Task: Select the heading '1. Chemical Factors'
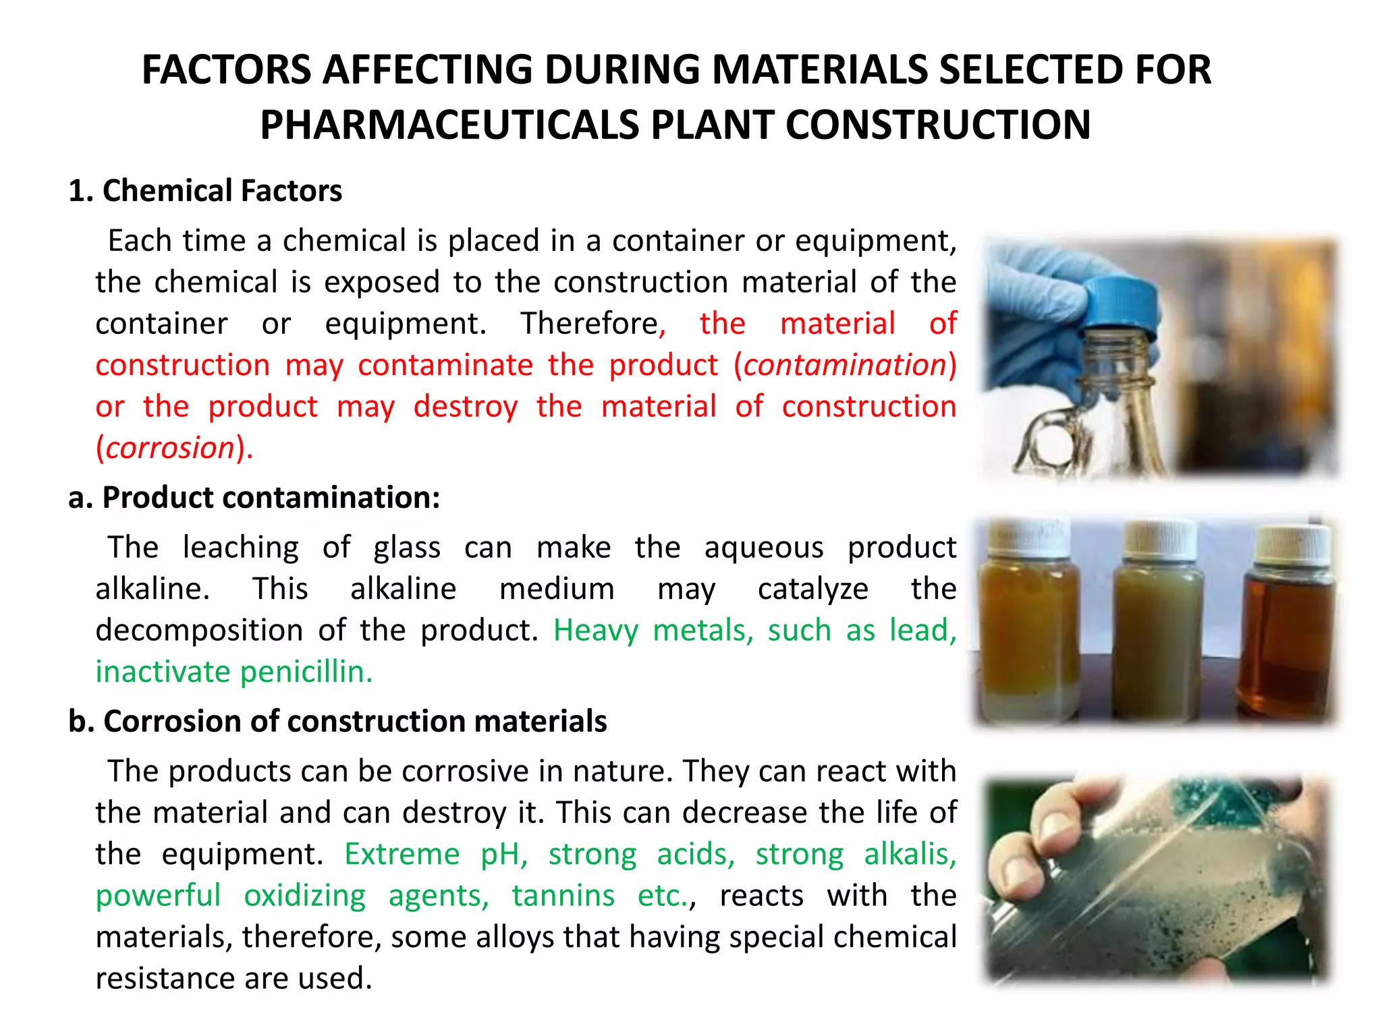[205, 191]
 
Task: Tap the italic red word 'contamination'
[845, 365]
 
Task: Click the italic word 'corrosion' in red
[170, 448]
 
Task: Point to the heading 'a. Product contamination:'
[254, 498]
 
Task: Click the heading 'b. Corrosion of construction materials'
[337, 721]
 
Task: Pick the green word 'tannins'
[563, 896]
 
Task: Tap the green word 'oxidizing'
[305, 896]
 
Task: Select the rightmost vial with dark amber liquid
[1286, 634]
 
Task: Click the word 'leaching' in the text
[240, 547]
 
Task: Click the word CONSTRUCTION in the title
[938, 125]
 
